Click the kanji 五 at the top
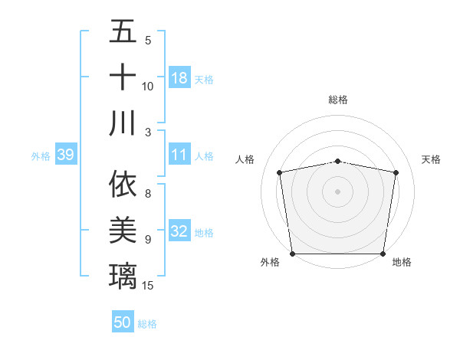coord(123,32)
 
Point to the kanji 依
coord(123,185)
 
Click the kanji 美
coord(123,231)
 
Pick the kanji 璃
coord(123,276)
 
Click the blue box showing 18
coord(179,78)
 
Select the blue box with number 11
coord(179,155)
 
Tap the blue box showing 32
coord(179,232)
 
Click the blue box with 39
coord(65,155)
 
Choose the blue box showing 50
coord(123,322)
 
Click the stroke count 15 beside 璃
coord(149,286)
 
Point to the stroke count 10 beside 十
coord(148,87)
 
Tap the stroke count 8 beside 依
coord(148,195)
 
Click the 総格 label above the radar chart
coord(338,100)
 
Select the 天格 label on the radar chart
coord(432,159)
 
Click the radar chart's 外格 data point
coord(292,254)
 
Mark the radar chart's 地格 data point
coord(383,254)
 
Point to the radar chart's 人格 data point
coord(280,172)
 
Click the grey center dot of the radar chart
coord(338,191)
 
